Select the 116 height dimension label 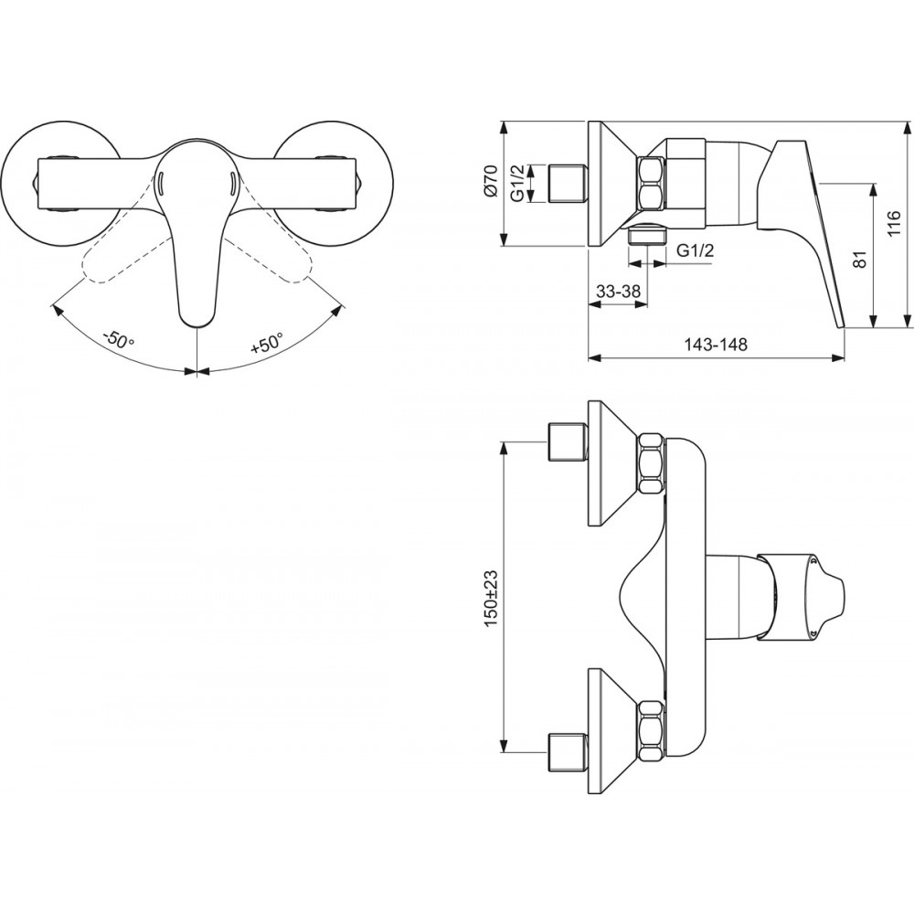(x=894, y=224)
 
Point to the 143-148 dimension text (x=717, y=345)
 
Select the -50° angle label (x=118, y=340)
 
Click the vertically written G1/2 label (x=518, y=183)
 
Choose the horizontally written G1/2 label (x=695, y=250)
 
